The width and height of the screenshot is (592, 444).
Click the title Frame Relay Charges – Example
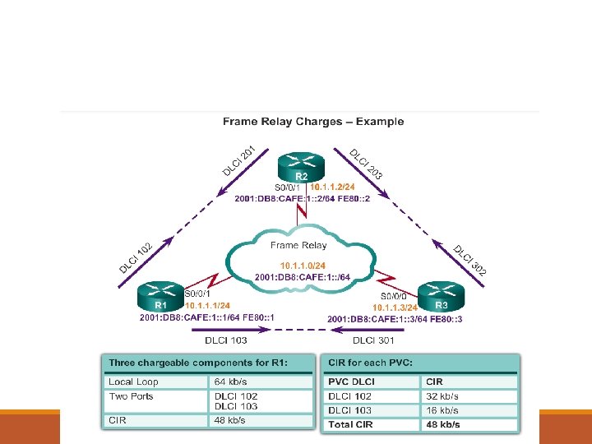313,122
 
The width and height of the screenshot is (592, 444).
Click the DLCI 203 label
366,164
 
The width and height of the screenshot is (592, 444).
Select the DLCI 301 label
374,340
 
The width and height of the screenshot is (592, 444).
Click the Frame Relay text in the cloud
298,245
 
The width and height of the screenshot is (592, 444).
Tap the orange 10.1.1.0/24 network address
303,265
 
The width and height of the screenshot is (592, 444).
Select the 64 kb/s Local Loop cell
231,382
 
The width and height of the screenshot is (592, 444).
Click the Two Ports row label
132,396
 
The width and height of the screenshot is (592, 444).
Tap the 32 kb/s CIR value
442,396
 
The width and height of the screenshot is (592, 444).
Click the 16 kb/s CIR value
442,410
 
